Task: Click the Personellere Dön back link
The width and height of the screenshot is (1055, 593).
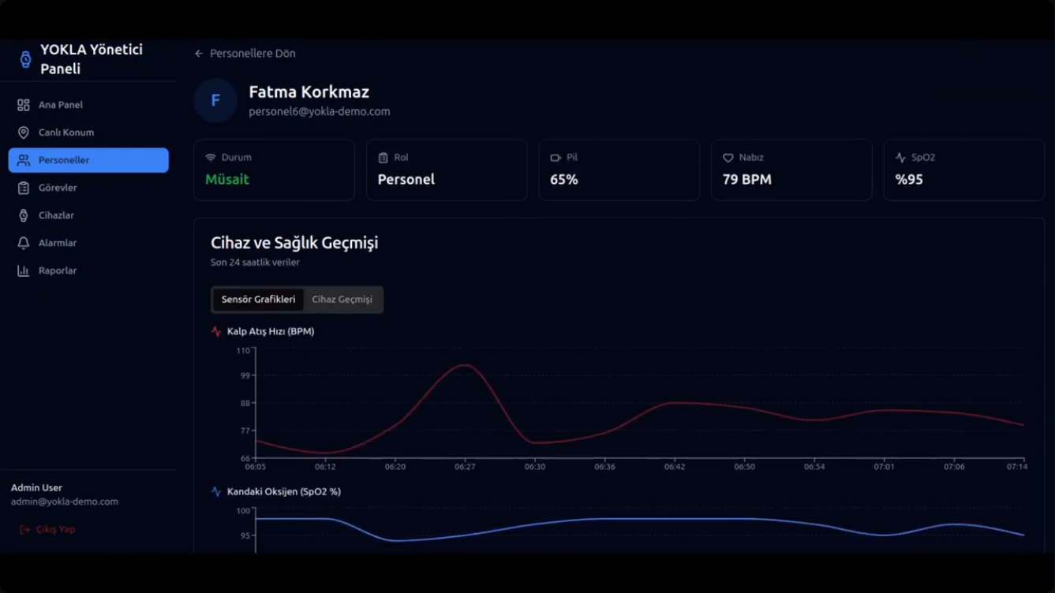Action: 245,53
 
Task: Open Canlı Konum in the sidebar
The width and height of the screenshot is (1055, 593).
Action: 66,132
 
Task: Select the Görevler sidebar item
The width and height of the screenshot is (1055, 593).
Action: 58,188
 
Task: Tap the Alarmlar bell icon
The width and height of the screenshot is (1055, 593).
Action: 23,243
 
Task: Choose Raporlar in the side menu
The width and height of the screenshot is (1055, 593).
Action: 58,270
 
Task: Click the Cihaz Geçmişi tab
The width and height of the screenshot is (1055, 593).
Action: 342,300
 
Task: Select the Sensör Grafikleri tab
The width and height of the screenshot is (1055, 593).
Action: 258,300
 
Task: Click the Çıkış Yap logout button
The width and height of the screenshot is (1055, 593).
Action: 47,529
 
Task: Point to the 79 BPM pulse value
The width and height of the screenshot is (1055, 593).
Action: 747,179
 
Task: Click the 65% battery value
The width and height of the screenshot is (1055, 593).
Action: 563,179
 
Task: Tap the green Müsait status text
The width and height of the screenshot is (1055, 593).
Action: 227,179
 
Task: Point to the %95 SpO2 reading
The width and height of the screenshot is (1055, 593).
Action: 909,179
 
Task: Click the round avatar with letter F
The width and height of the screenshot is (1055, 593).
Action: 215,100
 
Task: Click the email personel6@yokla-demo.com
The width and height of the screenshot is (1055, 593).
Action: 320,111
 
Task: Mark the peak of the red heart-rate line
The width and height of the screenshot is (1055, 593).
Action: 465,365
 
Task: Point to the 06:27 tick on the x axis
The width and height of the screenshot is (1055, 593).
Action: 465,466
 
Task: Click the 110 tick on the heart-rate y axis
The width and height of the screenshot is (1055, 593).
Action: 243,351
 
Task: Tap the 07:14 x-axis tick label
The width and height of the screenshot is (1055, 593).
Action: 1017,466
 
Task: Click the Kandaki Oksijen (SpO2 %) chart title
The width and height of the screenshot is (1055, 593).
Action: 284,491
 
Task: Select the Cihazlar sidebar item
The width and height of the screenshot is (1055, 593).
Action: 56,215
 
